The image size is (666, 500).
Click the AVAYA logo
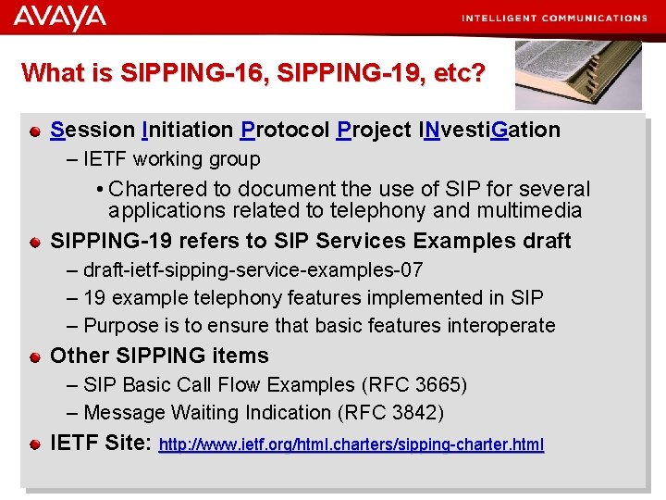click(x=60, y=17)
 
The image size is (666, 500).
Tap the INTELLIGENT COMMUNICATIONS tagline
click(x=554, y=18)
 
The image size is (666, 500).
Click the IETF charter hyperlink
click(x=351, y=445)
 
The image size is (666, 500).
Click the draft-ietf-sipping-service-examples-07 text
click(x=253, y=270)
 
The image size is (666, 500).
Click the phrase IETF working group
click(x=171, y=159)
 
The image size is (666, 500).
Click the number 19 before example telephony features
click(x=94, y=298)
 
